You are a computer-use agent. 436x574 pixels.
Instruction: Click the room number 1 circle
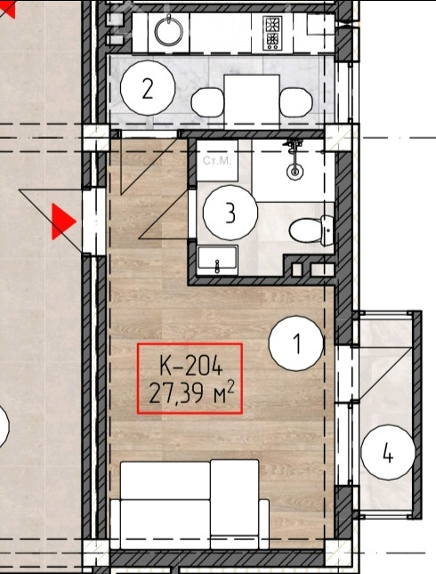click(296, 344)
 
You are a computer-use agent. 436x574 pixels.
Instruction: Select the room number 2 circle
click(148, 88)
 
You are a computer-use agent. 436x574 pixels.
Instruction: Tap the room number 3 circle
click(230, 213)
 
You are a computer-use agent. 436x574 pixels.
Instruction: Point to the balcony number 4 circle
click(388, 452)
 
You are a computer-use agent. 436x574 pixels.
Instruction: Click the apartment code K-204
click(191, 365)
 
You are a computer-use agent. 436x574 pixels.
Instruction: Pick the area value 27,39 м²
click(191, 392)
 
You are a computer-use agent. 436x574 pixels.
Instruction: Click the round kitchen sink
click(169, 31)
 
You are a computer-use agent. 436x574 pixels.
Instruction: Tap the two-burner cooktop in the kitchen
click(272, 33)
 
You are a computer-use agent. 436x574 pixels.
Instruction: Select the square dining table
click(252, 101)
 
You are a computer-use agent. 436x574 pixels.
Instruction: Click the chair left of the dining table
click(207, 102)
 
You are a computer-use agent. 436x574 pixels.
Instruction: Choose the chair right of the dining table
click(296, 102)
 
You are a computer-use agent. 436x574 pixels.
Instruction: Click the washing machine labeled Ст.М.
click(217, 160)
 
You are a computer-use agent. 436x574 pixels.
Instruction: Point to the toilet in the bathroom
click(311, 230)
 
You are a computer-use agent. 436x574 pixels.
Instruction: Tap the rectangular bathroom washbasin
click(217, 260)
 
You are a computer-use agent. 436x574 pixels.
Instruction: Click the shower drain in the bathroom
click(295, 171)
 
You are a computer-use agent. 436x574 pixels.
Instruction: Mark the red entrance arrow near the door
click(63, 222)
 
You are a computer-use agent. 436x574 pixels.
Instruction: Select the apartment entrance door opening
click(94, 222)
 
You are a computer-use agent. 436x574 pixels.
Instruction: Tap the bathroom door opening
click(192, 214)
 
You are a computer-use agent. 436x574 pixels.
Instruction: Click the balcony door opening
click(345, 374)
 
